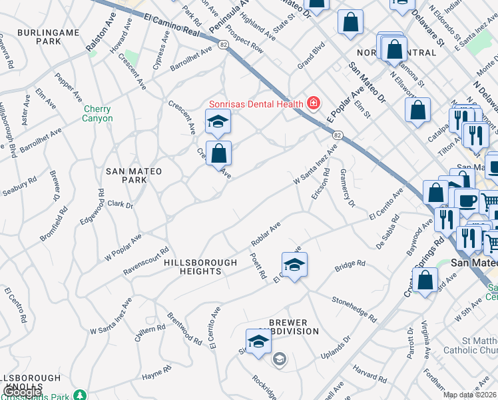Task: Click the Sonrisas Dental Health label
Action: tap(256, 103)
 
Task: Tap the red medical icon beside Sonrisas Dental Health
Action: tap(313, 103)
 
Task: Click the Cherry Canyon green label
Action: tap(98, 113)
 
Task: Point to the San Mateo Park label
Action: tap(134, 176)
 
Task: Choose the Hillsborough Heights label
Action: tap(200, 267)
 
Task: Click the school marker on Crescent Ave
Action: tap(218, 122)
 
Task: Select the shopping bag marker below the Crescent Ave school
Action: tap(218, 154)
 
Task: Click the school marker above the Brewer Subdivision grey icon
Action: tap(259, 342)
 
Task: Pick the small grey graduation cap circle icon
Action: tap(279, 360)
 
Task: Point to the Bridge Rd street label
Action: tap(350, 265)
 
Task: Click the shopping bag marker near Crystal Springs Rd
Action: tap(425, 281)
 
